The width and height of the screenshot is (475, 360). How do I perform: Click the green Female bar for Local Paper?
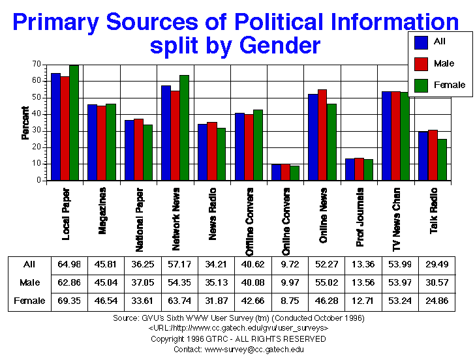[74, 123]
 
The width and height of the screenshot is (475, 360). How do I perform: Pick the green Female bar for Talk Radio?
[442, 159]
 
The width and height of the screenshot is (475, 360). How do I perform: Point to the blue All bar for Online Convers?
[276, 172]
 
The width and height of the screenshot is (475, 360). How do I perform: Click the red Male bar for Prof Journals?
[359, 169]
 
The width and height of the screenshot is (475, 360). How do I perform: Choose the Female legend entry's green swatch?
[421, 85]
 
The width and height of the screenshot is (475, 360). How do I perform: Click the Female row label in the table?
[29, 301]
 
